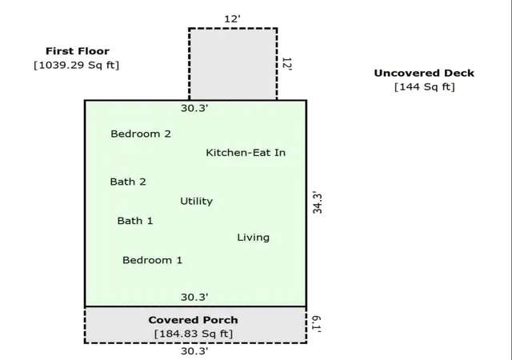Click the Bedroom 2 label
(141, 134)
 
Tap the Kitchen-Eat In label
(246, 153)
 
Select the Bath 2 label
(128, 182)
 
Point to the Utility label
(197, 202)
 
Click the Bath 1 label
(135, 221)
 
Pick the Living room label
(254, 238)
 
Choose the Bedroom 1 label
(153, 260)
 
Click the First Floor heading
(78, 51)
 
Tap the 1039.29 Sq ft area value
(77, 65)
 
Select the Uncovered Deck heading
(424, 73)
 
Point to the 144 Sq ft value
(425, 87)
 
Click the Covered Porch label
(194, 320)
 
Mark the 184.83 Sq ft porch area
(194, 334)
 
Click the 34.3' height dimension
(318, 203)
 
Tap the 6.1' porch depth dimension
(316, 324)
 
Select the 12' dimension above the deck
(233, 19)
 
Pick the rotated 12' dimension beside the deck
(286, 64)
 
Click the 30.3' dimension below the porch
(194, 351)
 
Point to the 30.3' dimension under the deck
(194, 108)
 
